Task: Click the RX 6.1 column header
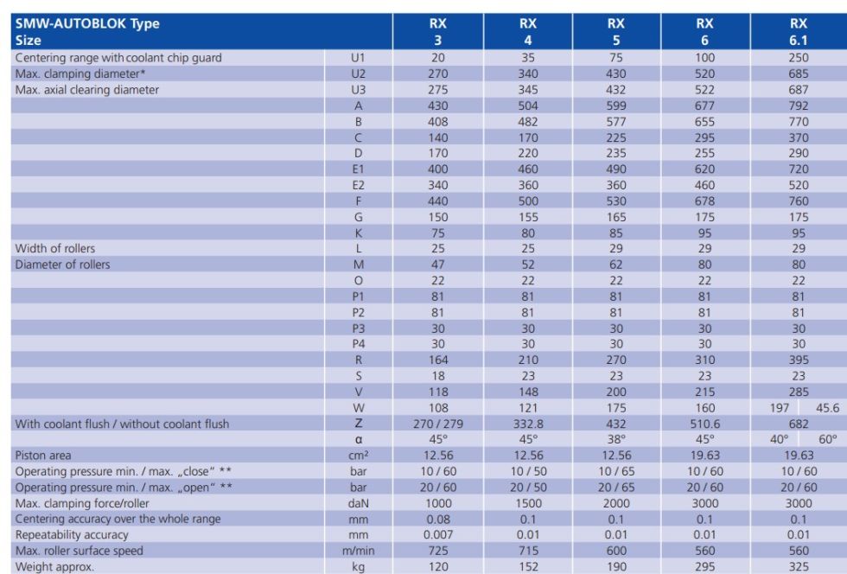798,32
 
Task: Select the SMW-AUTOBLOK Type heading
87,24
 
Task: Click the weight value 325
798,566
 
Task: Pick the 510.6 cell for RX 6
704,424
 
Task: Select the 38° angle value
617,439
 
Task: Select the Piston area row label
43,456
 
